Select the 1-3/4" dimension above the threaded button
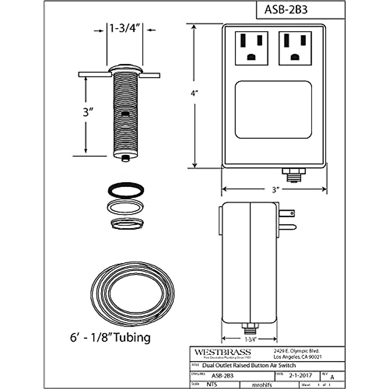pos(125,29)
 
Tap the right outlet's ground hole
pos(295,57)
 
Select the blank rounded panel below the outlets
pos(273,110)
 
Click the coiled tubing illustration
pos(133,290)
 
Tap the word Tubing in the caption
pos(132,337)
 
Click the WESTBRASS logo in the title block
pos(222,352)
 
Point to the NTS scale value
pos(211,384)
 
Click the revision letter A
pos(332,377)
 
